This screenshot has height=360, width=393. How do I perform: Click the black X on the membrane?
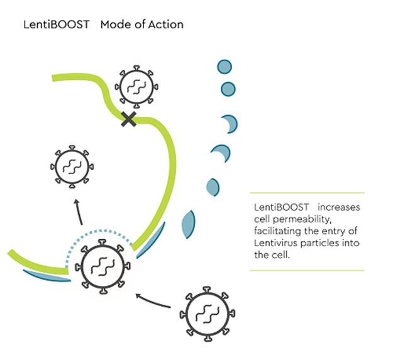(129, 118)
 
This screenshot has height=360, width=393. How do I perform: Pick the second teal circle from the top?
(228, 89)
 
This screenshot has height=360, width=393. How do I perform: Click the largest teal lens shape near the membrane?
(188, 222)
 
